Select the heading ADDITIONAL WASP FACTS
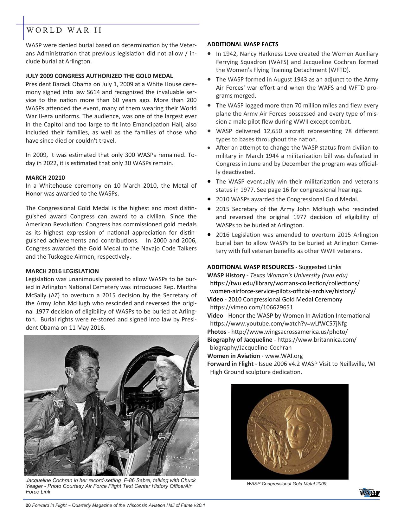(243, 44)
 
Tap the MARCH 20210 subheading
(45, 178)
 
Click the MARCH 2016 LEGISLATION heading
(62, 271)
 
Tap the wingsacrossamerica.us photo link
(289, 332)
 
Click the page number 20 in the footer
(28, 506)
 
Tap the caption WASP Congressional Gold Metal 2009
(286, 484)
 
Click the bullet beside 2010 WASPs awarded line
(209, 199)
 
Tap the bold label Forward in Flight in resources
(230, 364)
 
